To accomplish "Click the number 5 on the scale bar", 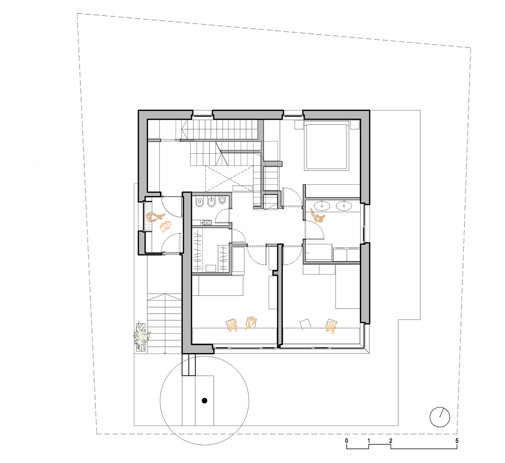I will [457, 441].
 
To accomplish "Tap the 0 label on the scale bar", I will [346, 441].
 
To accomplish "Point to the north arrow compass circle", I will [440, 417].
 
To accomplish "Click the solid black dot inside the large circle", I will [205, 401].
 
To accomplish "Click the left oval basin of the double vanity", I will [324, 206].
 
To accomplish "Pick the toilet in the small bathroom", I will [199, 203].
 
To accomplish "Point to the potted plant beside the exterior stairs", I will [141, 335].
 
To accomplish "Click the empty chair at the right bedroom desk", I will [305, 324].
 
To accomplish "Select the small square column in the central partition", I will [276, 273].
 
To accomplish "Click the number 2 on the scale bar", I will [391, 441].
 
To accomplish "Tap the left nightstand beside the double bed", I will [298, 125].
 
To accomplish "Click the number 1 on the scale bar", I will [369, 441].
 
